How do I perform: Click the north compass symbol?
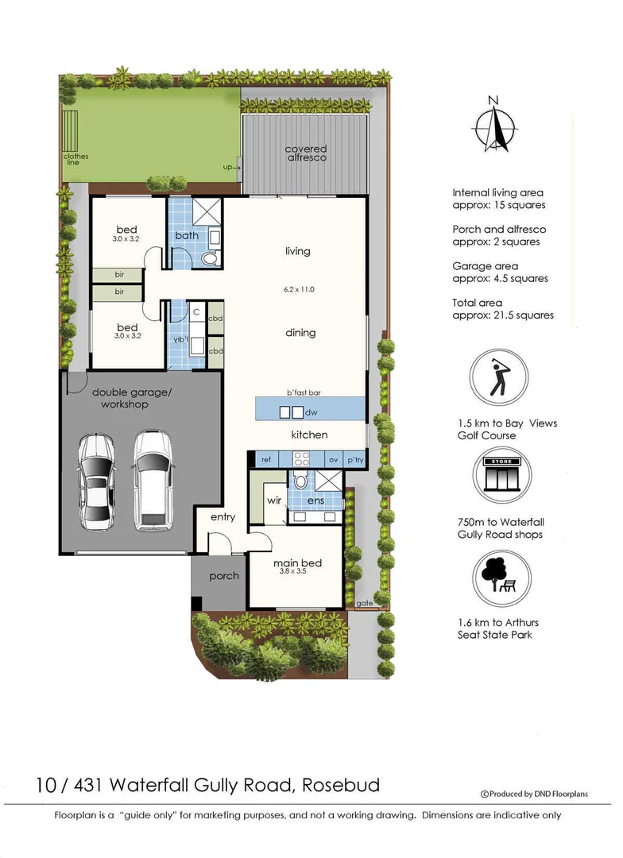click(493, 125)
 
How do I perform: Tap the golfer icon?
click(499, 377)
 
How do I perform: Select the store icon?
click(502, 475)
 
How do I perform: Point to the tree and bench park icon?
click(502, 578)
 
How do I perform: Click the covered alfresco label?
click(305, 153)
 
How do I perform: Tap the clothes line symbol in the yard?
click(71, 131)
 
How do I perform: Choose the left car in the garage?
click(96, 481)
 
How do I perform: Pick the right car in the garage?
click(153, 481)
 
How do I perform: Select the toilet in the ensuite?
click(300, 481)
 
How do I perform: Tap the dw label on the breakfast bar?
click(311, 412)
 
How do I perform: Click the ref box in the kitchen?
click(267, 460)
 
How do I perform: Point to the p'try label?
click(355, 460)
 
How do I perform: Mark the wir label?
click(274, 500)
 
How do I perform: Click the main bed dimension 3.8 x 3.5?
click(293, 571)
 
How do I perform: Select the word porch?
click(224, 576)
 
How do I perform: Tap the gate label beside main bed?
click(365, 603)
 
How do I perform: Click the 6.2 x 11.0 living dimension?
click(299, 289)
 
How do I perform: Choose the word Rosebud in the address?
click(341, 785)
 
